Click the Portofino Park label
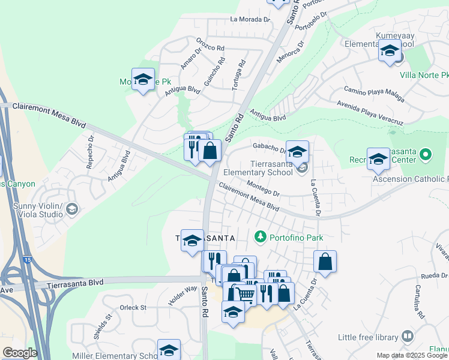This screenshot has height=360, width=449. (295, 238)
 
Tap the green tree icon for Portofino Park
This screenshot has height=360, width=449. (261, 237)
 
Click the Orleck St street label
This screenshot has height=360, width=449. (133, 308)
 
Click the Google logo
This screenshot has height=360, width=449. (20, 353)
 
